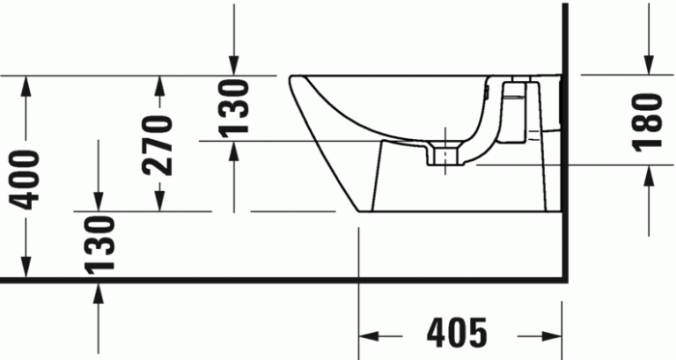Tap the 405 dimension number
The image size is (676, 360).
point(457,334)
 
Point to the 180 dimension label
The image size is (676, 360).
point(646,122)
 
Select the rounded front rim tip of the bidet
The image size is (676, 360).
point(294,81)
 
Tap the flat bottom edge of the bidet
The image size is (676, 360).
point(454,212)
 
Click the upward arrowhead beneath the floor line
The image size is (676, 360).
point(97,290)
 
